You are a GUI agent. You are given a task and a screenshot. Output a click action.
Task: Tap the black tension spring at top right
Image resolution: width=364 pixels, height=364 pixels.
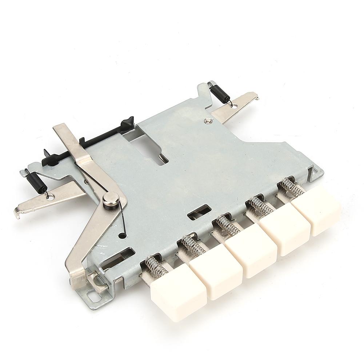pyautogui.click(x=220, y=93)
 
